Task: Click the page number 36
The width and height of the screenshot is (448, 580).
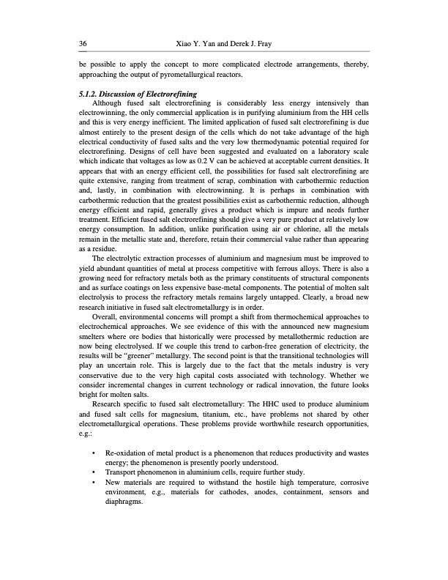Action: pos(83,45)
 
